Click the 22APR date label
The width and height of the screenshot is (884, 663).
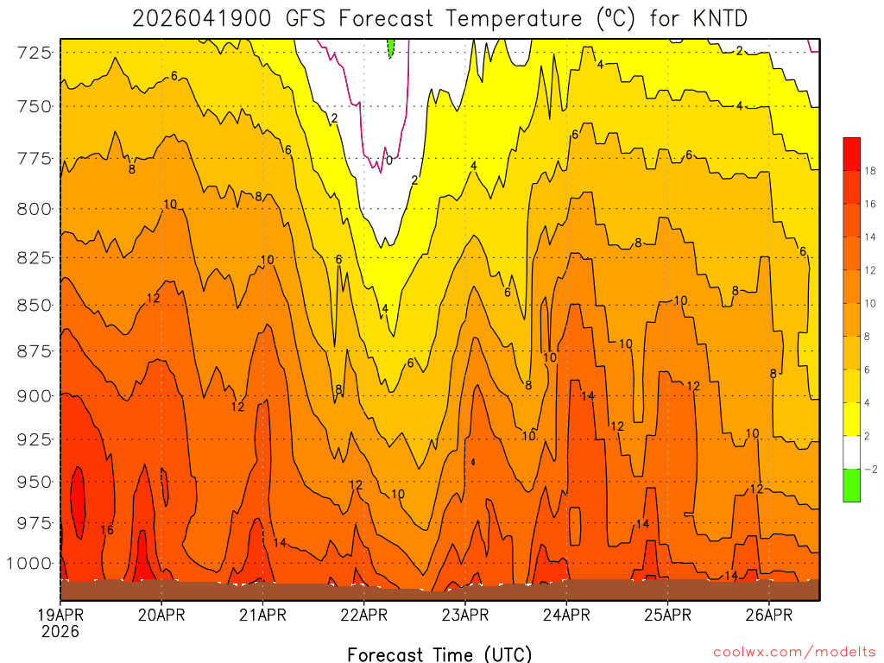coord(363,615)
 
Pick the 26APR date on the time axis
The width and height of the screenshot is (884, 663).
coord(768,615)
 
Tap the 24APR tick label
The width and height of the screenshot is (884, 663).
coord(566,615)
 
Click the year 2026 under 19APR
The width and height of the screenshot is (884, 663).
coord(60,632)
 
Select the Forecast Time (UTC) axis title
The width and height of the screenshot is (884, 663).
coord(439,654)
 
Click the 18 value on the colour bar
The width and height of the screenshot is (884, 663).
coord(870,171)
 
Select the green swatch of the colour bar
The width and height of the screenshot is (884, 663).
coord(852,485)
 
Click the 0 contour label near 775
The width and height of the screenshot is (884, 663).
coord(389,160)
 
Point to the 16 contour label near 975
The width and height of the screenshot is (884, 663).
coord(107,529)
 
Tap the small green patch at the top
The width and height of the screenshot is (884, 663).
coord(391,47)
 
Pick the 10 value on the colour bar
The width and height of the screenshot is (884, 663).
coord(870,303)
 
